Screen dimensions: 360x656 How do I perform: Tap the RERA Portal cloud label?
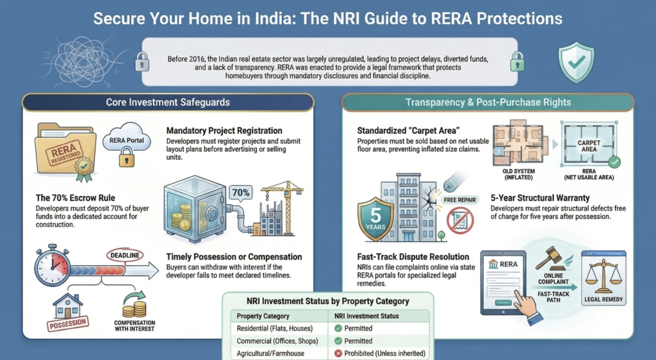pos(126,140)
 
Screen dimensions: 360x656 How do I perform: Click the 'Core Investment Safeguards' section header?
pos(168,102)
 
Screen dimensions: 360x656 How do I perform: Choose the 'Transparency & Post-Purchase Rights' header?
pos(488,102)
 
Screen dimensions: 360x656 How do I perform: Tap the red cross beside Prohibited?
pos(338,354)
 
